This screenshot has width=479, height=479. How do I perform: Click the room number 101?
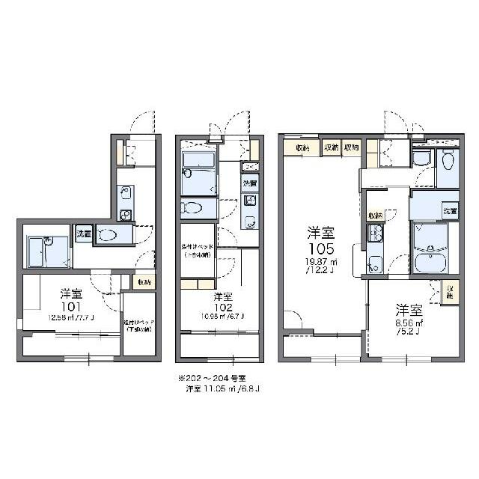[x=70, y=305]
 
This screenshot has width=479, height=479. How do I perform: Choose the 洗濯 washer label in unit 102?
[x=249, y=183]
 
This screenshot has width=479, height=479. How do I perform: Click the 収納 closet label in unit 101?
[x=144, y=282]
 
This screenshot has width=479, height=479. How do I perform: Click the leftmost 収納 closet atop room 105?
[x=302, y=147]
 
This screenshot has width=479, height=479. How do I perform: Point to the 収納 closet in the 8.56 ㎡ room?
[x=450, y=291]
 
